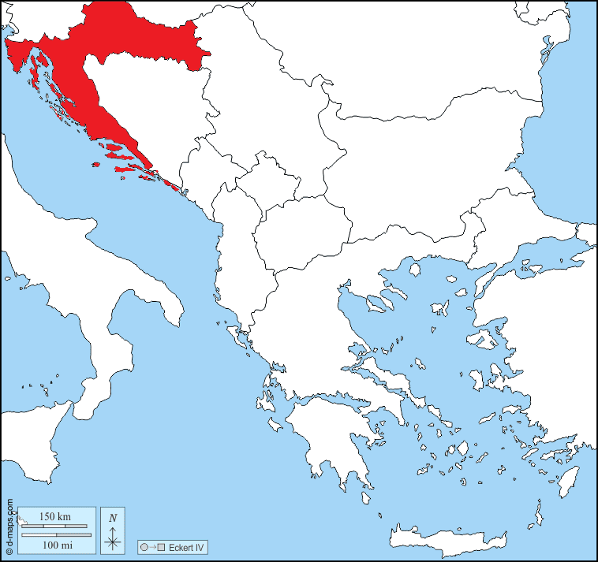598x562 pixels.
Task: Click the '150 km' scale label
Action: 55,516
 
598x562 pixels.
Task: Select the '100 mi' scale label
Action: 55,545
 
